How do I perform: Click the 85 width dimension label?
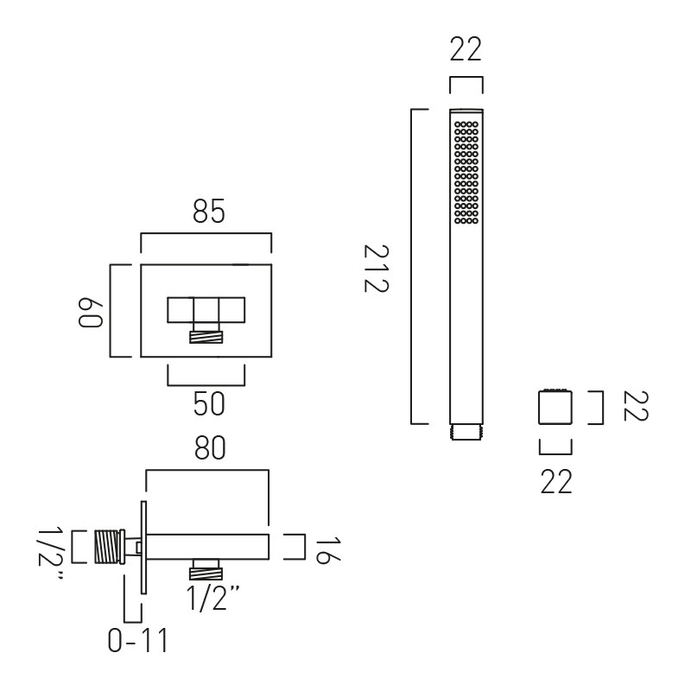(x=209, y=212)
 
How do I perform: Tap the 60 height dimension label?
(x=91, y=314)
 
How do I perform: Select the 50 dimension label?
(x=209, y=404)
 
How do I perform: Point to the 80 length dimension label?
(x=210, y=447)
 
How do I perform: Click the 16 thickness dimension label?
(x=328, y=549)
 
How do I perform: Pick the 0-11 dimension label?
(x=138, y=640)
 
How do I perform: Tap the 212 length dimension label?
(x=376, y=269)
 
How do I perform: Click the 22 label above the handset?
(x=466, y=49)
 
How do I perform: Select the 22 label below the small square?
(x=556, y=482)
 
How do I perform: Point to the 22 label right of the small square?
(x=635, y=406)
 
